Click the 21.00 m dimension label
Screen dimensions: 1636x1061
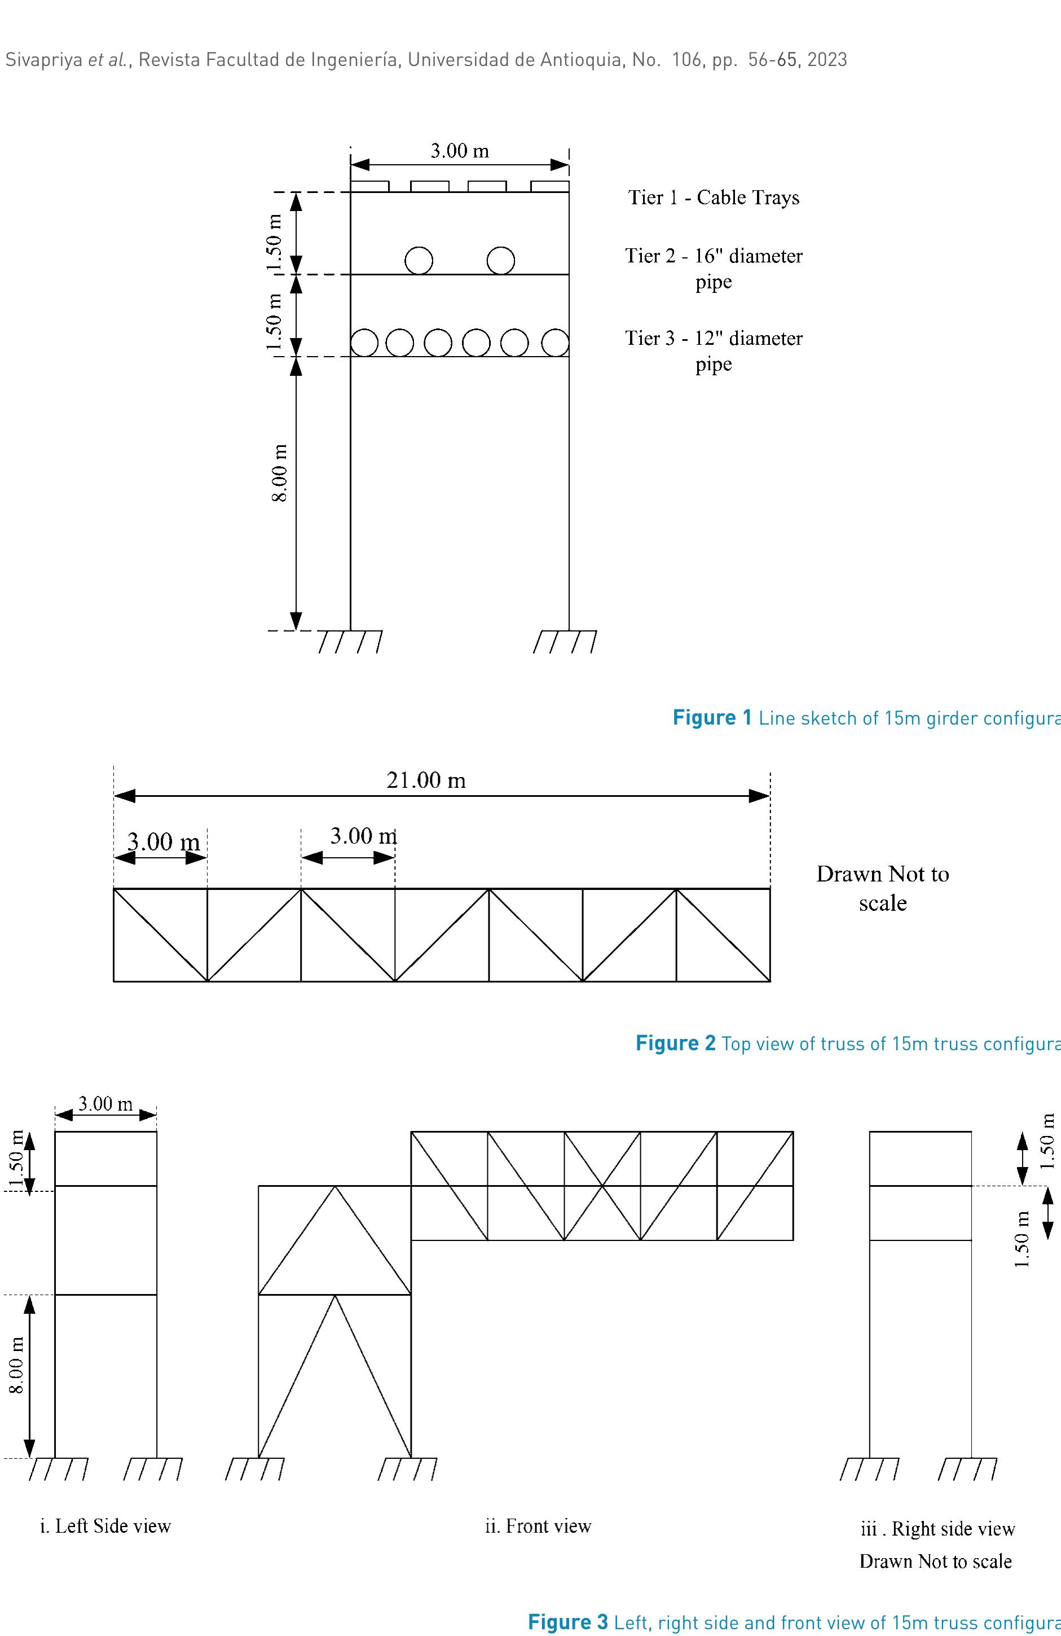point(426,780)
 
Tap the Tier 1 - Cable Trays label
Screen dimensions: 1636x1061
point(714,198)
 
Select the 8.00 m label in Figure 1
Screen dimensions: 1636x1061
point(280,473)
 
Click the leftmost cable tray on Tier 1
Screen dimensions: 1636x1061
point(369,186)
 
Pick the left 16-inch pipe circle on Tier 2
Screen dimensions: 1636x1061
point(419,261)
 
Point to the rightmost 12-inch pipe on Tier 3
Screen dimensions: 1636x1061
point(555,343)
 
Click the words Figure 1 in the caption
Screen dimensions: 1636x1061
point(712,718)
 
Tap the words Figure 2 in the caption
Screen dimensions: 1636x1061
point(675,1044)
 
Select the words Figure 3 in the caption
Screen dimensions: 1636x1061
point(567,1623)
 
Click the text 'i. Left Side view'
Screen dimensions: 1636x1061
point(105,1526)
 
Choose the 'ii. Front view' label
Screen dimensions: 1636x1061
point(538,1526)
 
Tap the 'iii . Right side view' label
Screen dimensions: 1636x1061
point(937,1529)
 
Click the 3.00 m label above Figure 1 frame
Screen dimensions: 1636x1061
point(460,151)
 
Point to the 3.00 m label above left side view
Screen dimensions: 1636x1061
point(105,1104)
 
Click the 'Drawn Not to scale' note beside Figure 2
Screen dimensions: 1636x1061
point(882,888)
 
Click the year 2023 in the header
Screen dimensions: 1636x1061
point(827,60)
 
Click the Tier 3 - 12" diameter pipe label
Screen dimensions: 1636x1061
point(714,350)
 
